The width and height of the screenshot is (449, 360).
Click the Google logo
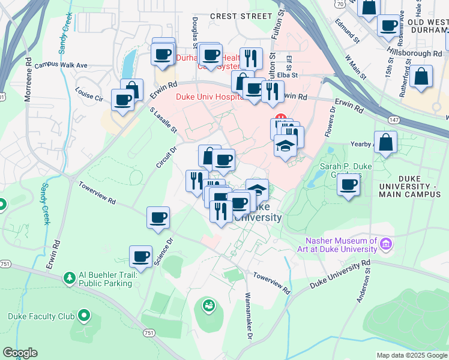point(20,353)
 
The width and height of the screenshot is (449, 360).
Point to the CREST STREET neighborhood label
point(240,16)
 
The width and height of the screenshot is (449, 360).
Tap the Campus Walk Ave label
point(61,65)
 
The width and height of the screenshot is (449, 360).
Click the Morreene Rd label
point(28,79)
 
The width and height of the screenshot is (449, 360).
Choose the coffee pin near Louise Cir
point(123,100)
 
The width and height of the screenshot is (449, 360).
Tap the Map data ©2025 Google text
point(411,355)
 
